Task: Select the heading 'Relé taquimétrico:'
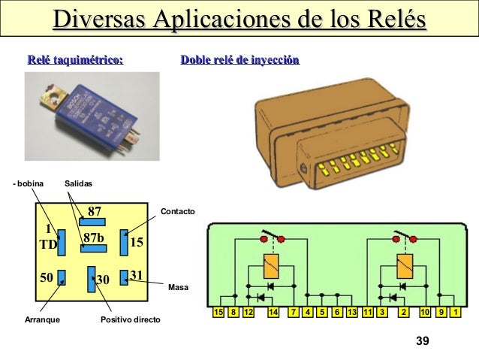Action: pyautogui.click(x=75, y=59)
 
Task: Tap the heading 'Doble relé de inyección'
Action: pyautogui.click(x=239, y=59)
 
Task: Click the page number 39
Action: pyautogui.click(x=422, y=342)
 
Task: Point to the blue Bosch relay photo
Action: pyautogui.click(x=92, y=116)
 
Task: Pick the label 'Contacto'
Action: pyautogui.click(x=177, y=213)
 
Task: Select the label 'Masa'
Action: pyautogui.click(x=178, y=288)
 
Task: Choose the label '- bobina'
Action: pyautogui.click(x=29, y=183)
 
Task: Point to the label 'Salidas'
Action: pyautogui.click(x=78, y=183)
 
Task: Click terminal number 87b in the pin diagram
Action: pyautogui.click(x=94, y=237)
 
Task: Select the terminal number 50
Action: pyautogui.click(x=47, y=277)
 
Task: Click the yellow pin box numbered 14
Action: pyautogui.click(x=273, y=311)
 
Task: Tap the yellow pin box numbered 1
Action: pyautogui.click(x=456, y=311)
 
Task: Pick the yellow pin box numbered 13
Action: pyautogui.click(x=352, y=311)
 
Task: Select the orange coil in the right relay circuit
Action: pyautogui.click(x=404, y=265)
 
